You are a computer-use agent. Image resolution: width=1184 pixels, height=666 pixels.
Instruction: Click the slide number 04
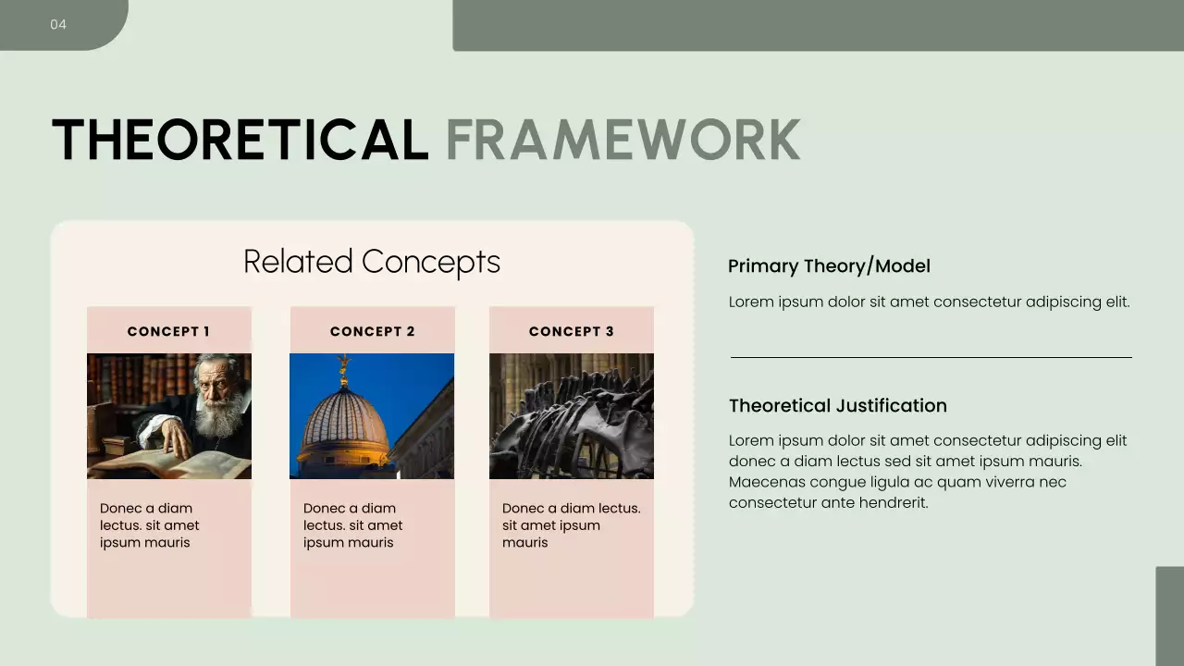[58, 24]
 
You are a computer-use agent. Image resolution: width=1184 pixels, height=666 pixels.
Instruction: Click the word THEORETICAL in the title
[240, 140]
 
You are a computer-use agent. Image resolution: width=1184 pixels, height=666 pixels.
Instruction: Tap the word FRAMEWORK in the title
[623, 140]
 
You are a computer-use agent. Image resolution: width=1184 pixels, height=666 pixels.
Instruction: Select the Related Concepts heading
[372, 262]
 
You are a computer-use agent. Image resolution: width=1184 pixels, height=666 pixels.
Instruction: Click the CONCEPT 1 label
[168, 331]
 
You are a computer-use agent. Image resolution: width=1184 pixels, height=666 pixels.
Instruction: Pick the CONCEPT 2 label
[372, 331]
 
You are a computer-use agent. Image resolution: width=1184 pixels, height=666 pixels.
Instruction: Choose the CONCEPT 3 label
[571, 331]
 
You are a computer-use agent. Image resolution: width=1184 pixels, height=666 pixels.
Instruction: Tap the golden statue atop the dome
[344, 368]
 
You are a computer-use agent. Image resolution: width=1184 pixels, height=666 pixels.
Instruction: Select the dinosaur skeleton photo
[571, 416]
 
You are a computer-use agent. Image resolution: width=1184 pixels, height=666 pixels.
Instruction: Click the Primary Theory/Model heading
[829, 266]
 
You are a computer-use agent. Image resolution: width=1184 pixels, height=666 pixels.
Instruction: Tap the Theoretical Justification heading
[837, 406]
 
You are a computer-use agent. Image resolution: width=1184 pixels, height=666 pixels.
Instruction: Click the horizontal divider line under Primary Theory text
[931, 357]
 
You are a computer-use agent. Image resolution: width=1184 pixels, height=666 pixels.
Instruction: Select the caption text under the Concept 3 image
[571, 525]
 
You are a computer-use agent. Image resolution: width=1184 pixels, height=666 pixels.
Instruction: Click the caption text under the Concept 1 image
[150, 525]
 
